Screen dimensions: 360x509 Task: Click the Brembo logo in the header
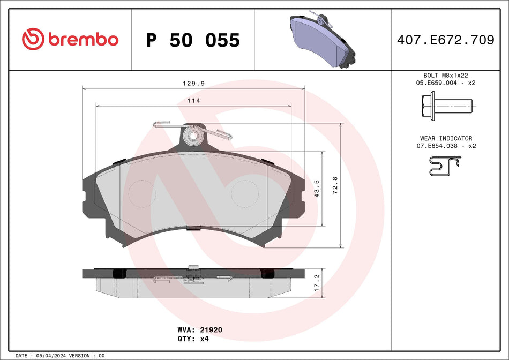tap(70, 39)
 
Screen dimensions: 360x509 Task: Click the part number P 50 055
tap(193, 40)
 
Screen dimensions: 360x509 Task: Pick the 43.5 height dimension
tap(317, 189)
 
